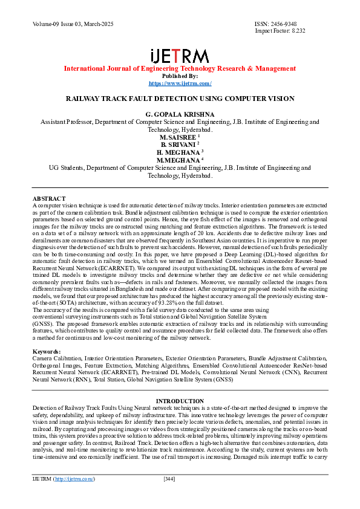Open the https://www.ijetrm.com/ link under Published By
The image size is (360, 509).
point(180,83)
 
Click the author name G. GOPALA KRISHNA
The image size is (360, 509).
point(180,114)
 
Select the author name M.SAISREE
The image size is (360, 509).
point(178,137)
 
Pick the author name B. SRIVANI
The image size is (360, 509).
point(178,145)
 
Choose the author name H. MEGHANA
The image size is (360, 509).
point(178,152)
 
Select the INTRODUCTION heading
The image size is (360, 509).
point(180,401)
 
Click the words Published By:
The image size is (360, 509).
point(180,76)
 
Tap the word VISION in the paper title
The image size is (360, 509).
point(281,98)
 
